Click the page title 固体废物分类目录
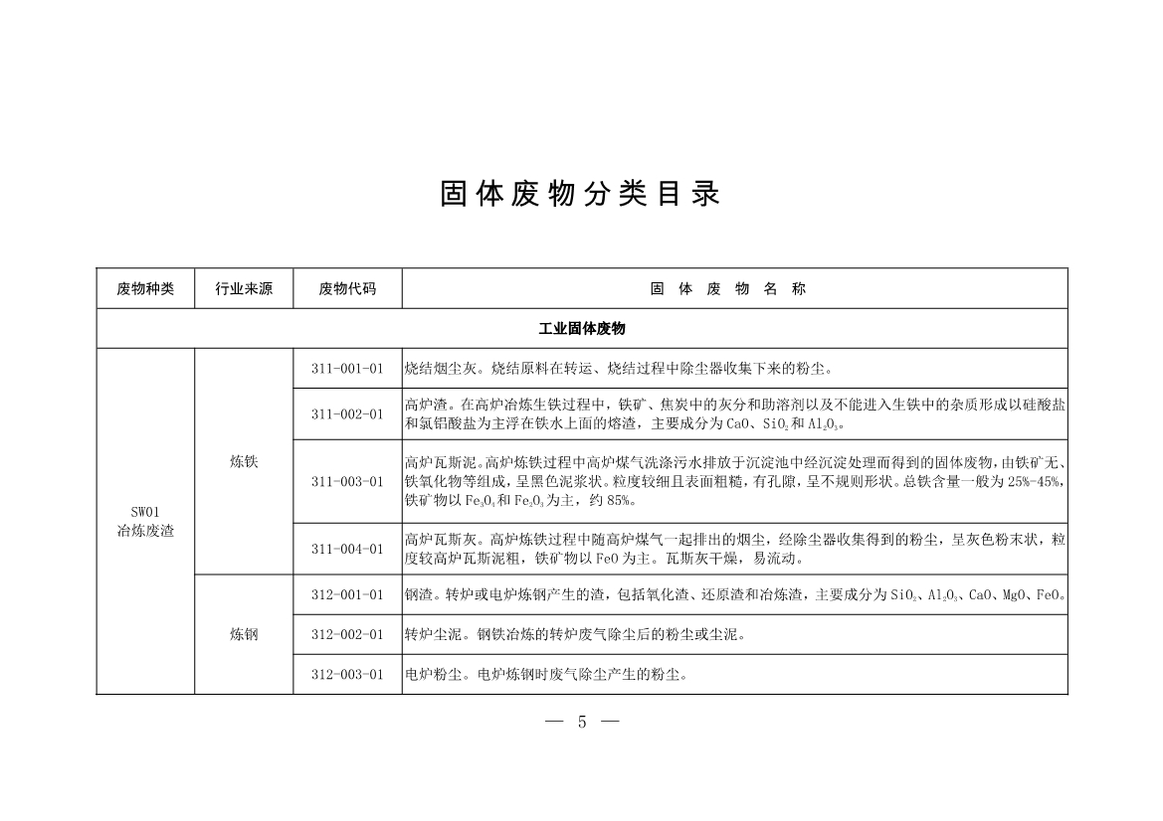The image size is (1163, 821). tap(580, 194)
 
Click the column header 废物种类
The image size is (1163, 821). tap(145, 289)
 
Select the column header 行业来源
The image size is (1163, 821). tap(244, 289)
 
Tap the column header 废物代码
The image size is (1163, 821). tap(347, 289)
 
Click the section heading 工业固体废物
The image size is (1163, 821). tap(582, 328)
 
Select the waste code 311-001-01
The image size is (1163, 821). tap(347, 369)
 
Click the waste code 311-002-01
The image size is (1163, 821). tap(347, 414)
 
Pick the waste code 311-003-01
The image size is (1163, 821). tap(347, 481)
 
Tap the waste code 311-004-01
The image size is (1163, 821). tap(347, 549)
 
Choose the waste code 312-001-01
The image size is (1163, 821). tap(347, 595)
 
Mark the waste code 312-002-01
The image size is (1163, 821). tap(347, 634)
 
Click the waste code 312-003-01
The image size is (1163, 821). tap(347, 675)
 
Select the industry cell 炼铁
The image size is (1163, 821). tap(244, 461)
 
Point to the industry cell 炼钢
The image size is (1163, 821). tap(244, 634)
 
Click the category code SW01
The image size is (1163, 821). tap(145, 513)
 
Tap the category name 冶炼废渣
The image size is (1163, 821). tap(145, 531)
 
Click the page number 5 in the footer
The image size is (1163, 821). tap(582, 723)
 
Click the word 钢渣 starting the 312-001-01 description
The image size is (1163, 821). tap(417, 595)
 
